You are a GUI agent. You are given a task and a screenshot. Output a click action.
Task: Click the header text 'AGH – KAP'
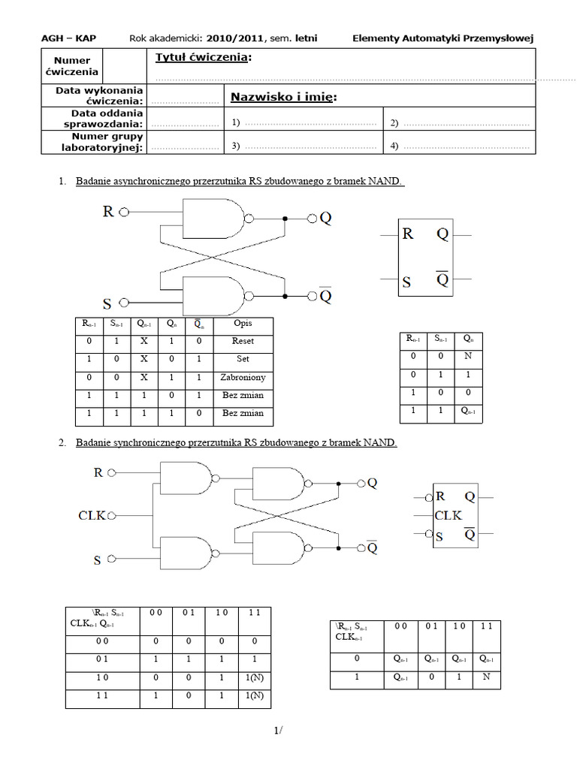pyautogui.click(x=68, y=38)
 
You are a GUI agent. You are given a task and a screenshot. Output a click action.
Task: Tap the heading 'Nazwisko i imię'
pyautogui.click(x=282, y=97)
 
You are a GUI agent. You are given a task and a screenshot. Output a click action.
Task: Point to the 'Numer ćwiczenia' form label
pyautogui.click(x=71, y=66)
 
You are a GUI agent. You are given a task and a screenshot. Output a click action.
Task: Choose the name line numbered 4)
pyautogui.click(x=460, y=146)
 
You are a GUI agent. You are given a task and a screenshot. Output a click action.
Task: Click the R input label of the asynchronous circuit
pyautogui.click(x=109, y=213)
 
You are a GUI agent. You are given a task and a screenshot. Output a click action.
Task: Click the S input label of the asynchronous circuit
pyautogui.click(x=107, y=304)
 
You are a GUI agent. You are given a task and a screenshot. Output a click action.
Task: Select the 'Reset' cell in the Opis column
pyautogui.click(x=243, y=341)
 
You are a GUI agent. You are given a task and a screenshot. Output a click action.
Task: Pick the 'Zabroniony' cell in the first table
pyautogui.click(x=243, y=378)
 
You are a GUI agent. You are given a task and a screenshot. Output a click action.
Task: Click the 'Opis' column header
pyautogui.click(x=243, y=324)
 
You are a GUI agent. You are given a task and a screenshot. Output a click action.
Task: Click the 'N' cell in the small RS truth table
pyautogui.click(x=468, y=357)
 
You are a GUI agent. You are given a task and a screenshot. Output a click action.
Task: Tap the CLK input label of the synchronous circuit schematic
pyautogui.click(x=92, y=515)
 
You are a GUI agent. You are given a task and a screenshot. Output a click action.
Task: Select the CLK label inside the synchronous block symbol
pyautogui.click(x=449, y=515)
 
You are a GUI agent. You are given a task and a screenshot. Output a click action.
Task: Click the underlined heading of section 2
pyautogui.click(x=236, y=443)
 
